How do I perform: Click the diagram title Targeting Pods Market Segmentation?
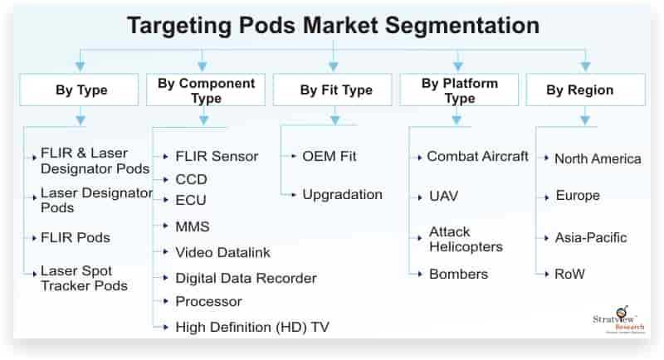334,26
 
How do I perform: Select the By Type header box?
79,90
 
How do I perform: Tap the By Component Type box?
206,90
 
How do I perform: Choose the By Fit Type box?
333,90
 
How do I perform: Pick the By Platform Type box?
459,90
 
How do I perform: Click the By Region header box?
586,90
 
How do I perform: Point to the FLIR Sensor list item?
217,156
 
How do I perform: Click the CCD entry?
192,179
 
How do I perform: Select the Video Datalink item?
222,252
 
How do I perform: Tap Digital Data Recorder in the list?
246,279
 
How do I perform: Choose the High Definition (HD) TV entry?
252,327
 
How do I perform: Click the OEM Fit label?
329,156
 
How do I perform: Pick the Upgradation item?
342,195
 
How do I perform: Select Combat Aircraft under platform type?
478,156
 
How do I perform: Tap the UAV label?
443,197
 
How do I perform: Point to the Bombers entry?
459,274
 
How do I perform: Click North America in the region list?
598,158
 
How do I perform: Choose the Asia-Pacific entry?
591,238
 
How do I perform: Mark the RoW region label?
569,274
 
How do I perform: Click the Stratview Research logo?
618,320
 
